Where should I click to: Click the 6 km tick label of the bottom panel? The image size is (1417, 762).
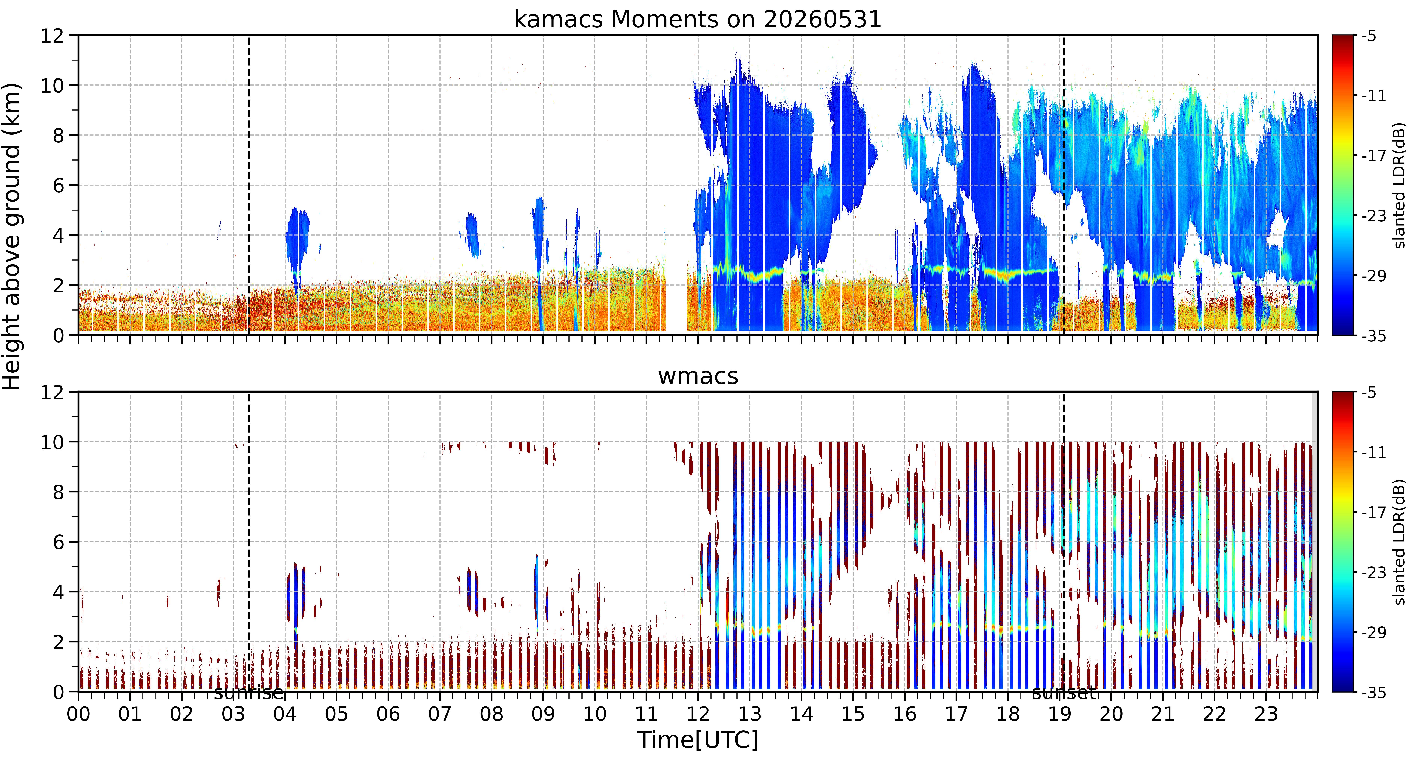pyautogui.click(x=58, y=542)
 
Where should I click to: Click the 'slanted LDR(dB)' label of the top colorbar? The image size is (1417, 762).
pyautogui.click(x=1399, y=185)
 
